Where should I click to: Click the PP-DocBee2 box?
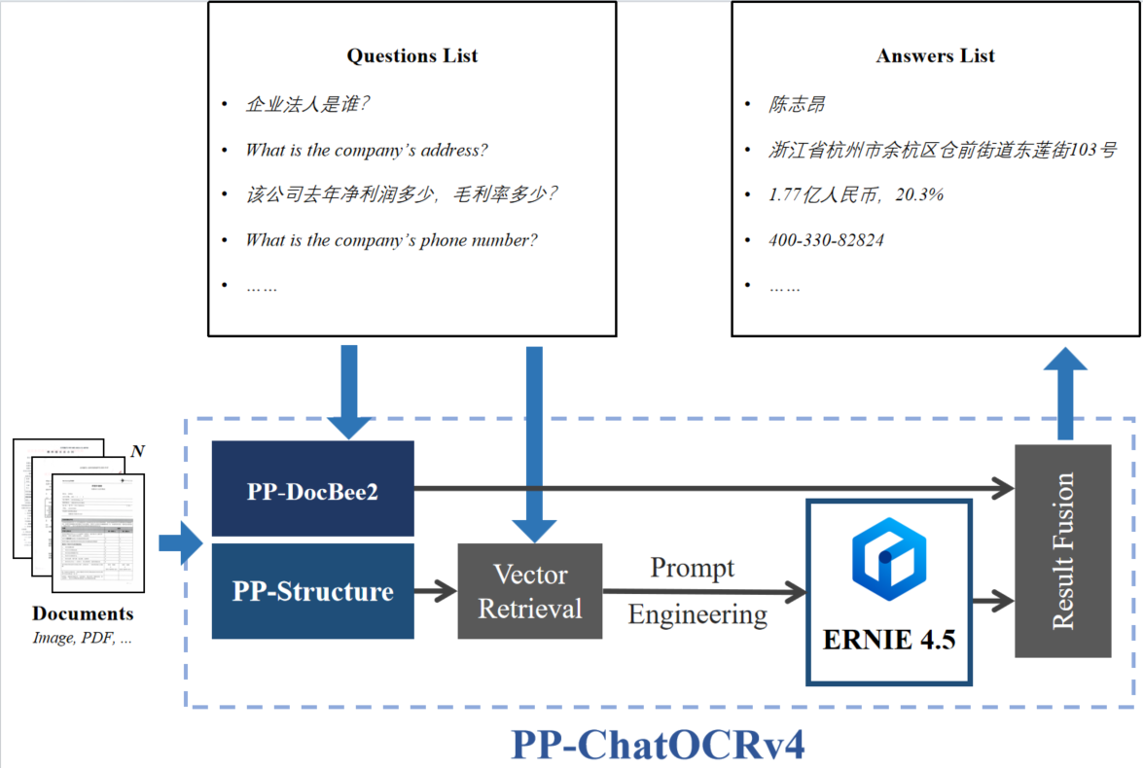(x=312, y=489)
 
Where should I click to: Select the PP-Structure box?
(x=312, y=591)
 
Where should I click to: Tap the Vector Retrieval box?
(x=530, y=591)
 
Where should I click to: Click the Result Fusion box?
(x=1062, y=550)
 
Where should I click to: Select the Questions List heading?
(x=412, y=55)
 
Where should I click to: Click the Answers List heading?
(x=935, y=55)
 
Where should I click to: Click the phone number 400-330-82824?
(x=827, y=239)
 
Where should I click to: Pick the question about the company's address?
(x=366, y=150)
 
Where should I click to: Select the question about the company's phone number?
(x=391, y=239)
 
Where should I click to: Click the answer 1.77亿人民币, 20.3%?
(x=856, y=194)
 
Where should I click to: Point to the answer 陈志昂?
(x=797, y=105)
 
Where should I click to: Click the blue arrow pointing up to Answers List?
(x=1066, y=394)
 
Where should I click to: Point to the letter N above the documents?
(x=137, y=451)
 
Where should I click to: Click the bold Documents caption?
(x=83, y=613)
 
